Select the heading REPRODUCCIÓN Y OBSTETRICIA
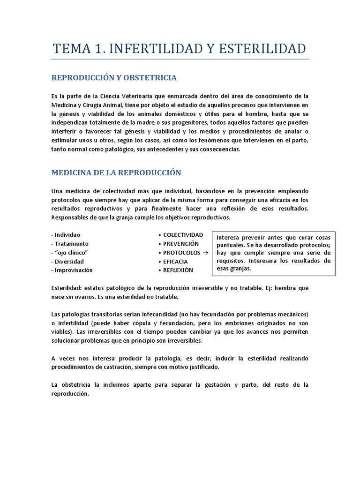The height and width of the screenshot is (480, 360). coord(114,77)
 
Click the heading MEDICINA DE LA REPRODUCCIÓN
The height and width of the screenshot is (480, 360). coord(116,172)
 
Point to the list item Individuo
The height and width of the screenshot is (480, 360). coord(67,234)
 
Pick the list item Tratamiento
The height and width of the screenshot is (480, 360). coord(71,243)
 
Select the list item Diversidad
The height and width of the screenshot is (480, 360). coord(69,261)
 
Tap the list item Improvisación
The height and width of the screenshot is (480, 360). coord(74,270)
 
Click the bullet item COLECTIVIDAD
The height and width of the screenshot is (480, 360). coord(183,234)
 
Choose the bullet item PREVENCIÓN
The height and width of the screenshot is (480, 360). coord(181,243)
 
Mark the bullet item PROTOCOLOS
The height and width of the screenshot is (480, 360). coord(181,252)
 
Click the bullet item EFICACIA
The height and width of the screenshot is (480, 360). coord(175,261)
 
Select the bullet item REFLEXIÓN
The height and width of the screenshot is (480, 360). coord(178,270)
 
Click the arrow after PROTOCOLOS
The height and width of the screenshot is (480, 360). coord(205,252)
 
